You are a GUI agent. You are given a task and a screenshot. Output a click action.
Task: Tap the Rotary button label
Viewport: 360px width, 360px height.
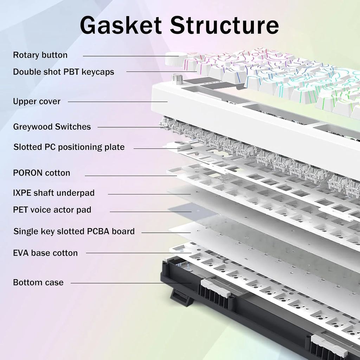click(40, 55)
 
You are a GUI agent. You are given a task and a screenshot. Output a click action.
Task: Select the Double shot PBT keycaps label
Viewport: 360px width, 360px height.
click(64, 72)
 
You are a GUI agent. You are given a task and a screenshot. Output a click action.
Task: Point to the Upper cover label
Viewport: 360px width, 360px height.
click(37, 102)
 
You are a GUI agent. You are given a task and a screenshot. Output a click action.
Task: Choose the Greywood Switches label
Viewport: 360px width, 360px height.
click(52, 127)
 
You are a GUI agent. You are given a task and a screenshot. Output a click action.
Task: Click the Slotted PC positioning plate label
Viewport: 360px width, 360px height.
click(69, 147)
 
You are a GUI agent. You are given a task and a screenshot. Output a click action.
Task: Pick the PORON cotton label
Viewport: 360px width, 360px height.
click(41, 173)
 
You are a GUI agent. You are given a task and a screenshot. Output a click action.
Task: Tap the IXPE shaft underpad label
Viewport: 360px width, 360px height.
click(54, 193)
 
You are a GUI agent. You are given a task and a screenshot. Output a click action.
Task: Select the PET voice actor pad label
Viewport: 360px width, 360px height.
click(52, 210)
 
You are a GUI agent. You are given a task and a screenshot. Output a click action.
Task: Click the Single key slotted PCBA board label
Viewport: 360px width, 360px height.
click(74, 231)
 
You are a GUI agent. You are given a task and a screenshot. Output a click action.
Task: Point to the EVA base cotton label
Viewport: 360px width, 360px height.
click(45, 253)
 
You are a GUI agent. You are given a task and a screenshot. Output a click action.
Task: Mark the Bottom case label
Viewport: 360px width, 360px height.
click(38, 283)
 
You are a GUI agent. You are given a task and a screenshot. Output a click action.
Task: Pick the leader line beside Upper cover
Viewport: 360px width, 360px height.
click(117, 102)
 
